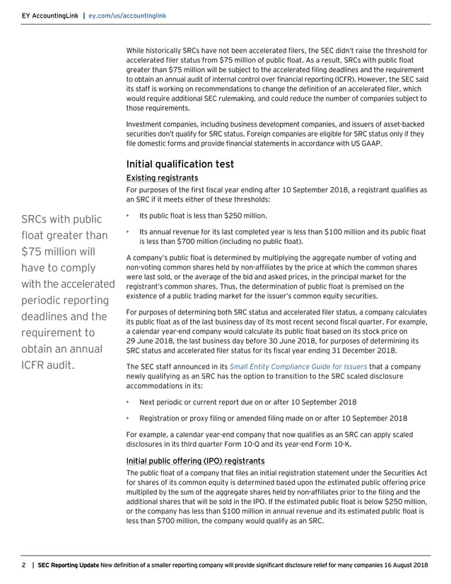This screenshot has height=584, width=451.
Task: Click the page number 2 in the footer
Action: click(23, 566)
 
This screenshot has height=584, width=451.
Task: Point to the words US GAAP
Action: click(365, 144)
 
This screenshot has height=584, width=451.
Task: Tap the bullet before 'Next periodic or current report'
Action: click(128, 401)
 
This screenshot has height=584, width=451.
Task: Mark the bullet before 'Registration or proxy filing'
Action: click(128, 417)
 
